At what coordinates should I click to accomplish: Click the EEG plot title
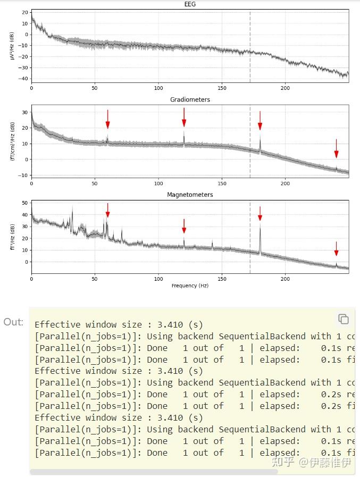point(190,4)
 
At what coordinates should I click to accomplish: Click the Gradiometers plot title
point(190,99)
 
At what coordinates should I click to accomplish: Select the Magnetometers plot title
point(190,195)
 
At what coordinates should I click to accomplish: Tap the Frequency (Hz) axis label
point(190,286)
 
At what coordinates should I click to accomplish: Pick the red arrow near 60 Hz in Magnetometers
point(107,210)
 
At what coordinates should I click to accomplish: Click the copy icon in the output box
point(344,319)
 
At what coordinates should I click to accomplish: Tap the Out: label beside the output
point(13,322)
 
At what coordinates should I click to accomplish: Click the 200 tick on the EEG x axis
point(286,88)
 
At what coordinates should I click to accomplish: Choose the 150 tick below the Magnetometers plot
point(222,279)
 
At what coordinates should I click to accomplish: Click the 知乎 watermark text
point(282,462)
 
